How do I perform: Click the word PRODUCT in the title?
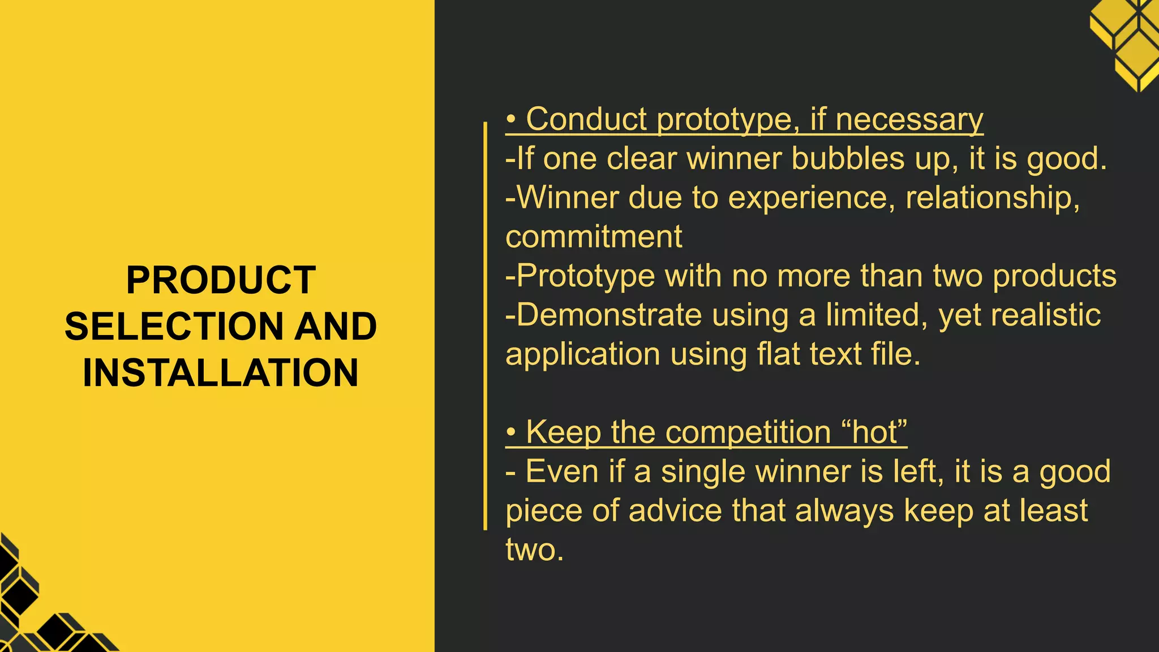(x=221, y=280)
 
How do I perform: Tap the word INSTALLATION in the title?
(x=221, y=373)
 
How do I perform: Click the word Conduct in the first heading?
(x=586, y=119)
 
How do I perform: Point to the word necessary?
(x=909, y=119)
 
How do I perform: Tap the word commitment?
(x=594, y=237)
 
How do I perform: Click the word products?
(x=1054, y=276)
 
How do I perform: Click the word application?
(x=583, y=354)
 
